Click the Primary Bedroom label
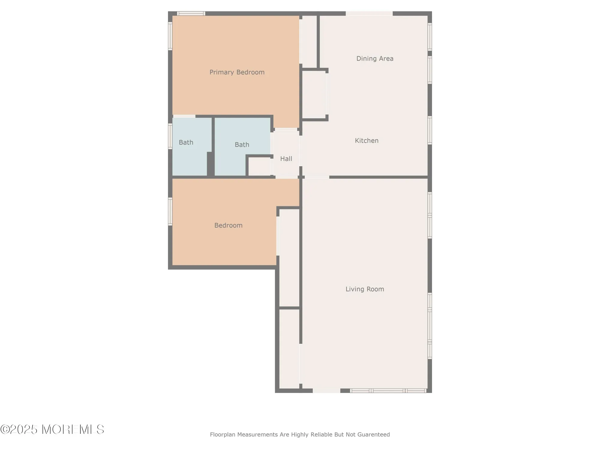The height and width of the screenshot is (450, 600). tap(237, 72)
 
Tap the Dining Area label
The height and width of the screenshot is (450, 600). tap(375, 59)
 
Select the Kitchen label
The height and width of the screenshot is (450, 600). tap(366, 141)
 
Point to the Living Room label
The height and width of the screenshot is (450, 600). tap(364, 289)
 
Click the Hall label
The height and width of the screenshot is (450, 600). tap(286, 159)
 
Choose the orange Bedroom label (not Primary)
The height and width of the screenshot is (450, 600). tap(228, 225)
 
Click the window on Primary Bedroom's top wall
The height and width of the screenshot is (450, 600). tap(191, 13)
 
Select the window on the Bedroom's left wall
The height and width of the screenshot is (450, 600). tap(170, 211)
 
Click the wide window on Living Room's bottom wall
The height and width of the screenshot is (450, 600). tap(388, 391)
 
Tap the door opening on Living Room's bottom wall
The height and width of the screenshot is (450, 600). tap(326, 391)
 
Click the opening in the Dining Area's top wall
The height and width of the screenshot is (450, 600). tap(369, 13)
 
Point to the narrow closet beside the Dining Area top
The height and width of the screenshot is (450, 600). tap(309, 40)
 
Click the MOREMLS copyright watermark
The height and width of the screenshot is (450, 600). tap(52, 430)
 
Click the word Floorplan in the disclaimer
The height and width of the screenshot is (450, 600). tap(223, 434)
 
